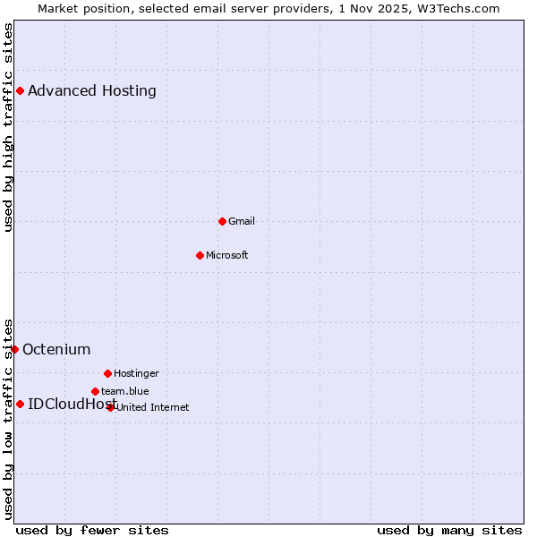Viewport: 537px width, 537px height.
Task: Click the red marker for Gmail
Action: coord(222,221)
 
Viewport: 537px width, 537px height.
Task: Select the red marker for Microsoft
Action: coord(200,255)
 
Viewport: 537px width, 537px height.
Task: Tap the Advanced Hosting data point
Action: coord(20,90)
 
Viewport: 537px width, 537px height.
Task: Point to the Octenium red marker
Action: coord(14,349)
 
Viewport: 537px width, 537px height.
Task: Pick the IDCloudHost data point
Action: coord(20,404)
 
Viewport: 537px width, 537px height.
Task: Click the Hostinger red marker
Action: coord(107,373)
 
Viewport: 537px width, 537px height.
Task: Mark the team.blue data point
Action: coord(95,391)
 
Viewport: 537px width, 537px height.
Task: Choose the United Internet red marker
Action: coord(111,407)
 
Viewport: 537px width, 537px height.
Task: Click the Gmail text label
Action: coord(242,221)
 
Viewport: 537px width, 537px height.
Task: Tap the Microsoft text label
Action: coord(227,255)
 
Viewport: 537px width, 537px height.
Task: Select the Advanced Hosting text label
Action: coord(92,90)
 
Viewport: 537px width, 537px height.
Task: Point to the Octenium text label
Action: coord(56,349)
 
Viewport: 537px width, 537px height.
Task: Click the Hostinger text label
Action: coord(136,373)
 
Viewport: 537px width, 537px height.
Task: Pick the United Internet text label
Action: coord(152,407)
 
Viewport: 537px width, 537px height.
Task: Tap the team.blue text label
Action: coord(125,391)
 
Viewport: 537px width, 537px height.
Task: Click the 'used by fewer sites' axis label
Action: coord(92,530)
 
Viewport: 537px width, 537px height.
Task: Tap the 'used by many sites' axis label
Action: coord(449,530)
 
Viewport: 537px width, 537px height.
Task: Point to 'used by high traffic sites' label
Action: coord(8,127)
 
